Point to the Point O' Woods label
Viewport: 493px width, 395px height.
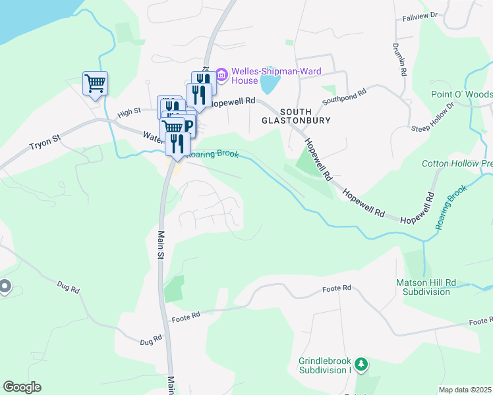pyautogui.click(x=461, y=94)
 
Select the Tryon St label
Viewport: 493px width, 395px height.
pyautogui.click(x=45, y=142)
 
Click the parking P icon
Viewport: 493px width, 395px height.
pyautogui.click(x=188, y=125)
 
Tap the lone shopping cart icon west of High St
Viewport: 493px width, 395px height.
pyautogui.click(x=95, y=84)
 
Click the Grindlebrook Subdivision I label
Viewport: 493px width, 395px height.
pyautogui.click(x=323, y=365)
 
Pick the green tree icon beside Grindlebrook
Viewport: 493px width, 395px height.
pyautogui.click(x=361, y=363)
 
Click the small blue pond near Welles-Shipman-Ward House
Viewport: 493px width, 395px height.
pyautogui.click(x=269, y=84)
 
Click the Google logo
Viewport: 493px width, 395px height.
pyautogui.click(x=22, y=387)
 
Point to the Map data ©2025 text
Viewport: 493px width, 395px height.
pyautogui.click(x=465, y=390)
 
